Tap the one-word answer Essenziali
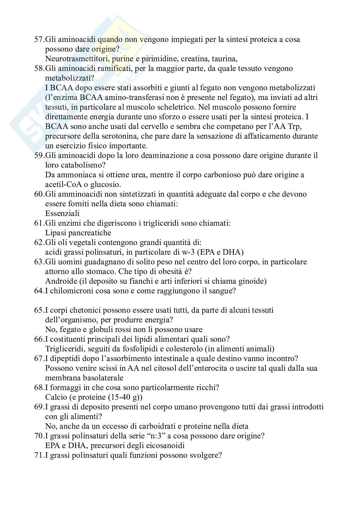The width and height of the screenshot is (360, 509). click(62, 213)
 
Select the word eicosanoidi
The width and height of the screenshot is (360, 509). click(164, 445)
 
